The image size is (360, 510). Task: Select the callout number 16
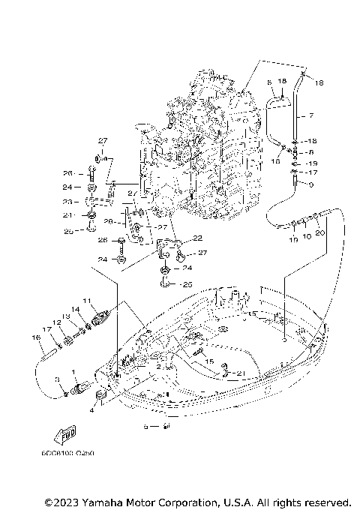point(35,337)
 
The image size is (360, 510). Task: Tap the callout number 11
point(86,301)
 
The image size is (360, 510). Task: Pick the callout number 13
point(65,316)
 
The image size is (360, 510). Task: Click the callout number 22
point(198,238)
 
